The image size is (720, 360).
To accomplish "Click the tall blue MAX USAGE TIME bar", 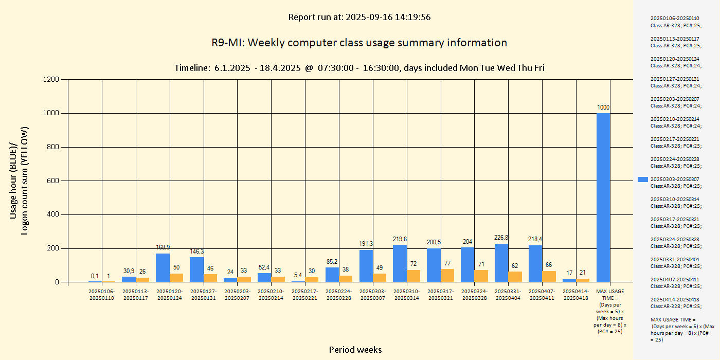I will pos(603,197).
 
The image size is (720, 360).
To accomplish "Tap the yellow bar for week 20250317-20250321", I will pos(447,276).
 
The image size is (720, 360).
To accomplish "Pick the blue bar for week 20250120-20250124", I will pos(163,267).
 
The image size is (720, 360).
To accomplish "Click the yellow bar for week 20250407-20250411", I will pos(549,276).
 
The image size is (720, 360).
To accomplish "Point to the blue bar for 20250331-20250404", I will pos(501,263).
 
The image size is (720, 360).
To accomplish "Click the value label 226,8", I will pos(501,238).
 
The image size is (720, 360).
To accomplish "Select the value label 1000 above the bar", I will pos(603,107).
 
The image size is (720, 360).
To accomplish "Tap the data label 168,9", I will pos(163,247).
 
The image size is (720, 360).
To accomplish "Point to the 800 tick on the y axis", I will pos(52,147).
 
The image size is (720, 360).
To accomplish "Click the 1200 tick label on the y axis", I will pos(50,80).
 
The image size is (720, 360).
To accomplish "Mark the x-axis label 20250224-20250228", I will pos(339,295).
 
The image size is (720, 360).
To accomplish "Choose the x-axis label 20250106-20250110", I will pos(101,295).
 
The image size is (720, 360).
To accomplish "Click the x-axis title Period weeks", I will pos(355,350).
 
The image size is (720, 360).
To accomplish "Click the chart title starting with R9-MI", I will pos(359,43).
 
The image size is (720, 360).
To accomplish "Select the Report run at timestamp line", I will pos(359,17).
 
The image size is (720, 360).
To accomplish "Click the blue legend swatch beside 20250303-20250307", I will pos(642,179).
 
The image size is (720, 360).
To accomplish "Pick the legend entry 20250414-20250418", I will pos(675,303).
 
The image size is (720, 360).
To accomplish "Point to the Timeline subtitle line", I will pos(359,68).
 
